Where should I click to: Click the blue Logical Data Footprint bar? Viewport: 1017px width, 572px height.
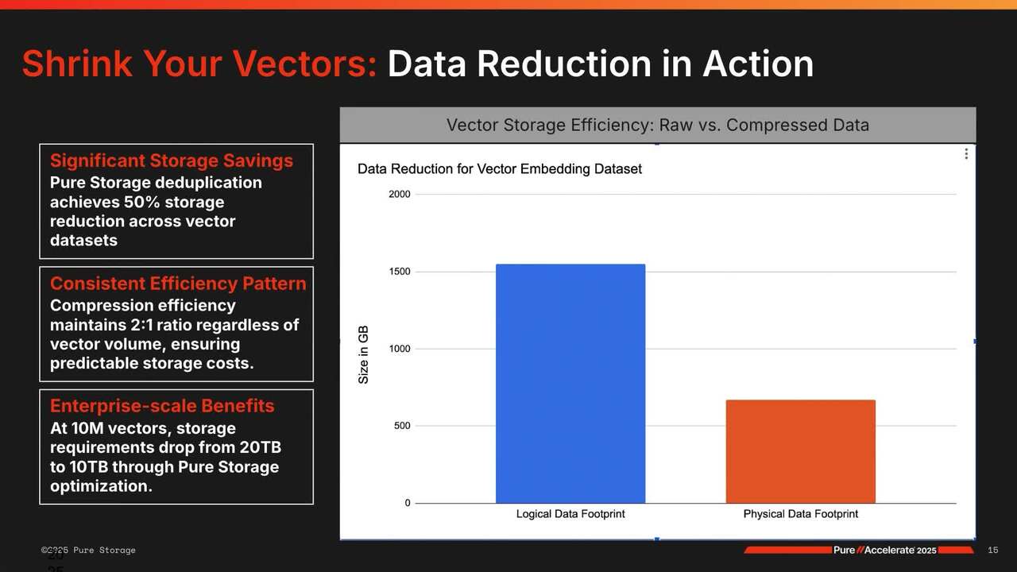570,384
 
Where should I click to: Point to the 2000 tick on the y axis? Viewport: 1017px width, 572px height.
400,195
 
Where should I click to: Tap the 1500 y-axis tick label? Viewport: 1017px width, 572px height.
400,272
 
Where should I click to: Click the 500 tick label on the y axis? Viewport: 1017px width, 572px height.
402,426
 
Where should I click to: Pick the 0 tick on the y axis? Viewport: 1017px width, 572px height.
408,503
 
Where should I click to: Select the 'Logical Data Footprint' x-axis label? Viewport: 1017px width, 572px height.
570,514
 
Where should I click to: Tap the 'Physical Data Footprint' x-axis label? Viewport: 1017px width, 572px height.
800,514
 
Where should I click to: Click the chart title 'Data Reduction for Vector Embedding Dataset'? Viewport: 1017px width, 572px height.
500,169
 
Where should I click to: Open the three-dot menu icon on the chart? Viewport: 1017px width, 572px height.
966,154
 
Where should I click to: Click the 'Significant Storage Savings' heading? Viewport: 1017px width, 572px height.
172,160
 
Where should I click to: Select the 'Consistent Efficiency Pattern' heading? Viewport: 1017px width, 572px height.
178,284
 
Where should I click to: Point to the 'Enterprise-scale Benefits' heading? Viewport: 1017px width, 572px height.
162,406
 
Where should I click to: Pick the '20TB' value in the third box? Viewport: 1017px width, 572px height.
260,447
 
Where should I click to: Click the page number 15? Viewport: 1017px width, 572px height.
992,551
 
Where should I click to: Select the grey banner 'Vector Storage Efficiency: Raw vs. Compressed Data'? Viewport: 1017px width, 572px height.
657,125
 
